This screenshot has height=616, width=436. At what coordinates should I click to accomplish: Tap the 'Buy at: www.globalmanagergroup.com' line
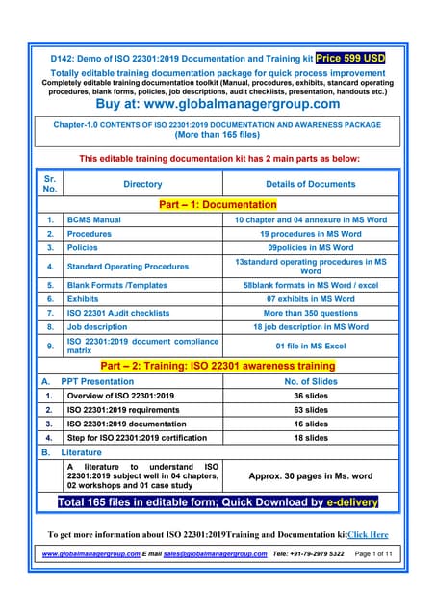tap(218, 104)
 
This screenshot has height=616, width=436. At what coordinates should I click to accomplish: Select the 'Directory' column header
tap(142, 184)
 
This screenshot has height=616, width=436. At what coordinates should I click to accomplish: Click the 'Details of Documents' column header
tap(310, 184)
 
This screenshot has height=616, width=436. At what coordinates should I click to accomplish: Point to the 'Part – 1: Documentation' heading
tap(218, 204)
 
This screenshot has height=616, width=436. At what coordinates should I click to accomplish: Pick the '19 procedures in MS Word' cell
tap(310, 234)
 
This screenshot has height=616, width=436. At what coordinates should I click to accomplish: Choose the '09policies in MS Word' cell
tap(310, 247)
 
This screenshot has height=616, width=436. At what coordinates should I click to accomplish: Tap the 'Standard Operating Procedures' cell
tap(127, 267)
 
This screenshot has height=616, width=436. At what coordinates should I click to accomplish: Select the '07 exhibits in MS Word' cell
tap(310, 299)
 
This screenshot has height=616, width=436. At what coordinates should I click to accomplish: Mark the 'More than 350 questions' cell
tap(310, 313)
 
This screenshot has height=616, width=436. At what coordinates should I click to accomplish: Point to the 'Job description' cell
tap(97, 326)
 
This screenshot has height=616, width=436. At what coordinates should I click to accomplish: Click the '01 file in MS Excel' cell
tap(310, 346)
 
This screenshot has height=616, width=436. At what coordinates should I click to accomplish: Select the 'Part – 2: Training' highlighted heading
tap(218, 366)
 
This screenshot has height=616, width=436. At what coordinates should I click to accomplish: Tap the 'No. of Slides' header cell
tap(310, 381)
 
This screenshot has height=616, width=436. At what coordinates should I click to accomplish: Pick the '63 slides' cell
tap(310, 409)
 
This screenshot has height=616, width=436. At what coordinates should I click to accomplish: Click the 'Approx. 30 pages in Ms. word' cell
tap(310, 475)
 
